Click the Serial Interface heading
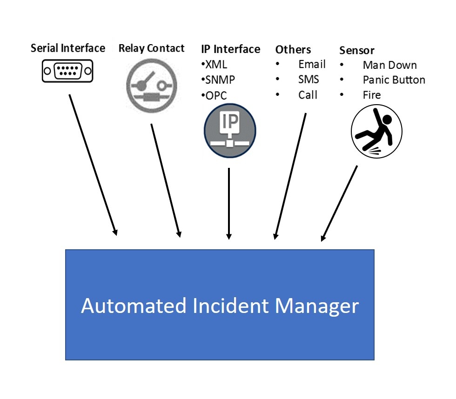pos(68,48)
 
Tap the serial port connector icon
pos(68,71)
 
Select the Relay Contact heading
pos(151,48)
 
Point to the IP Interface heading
pos(230,49)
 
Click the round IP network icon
pos(230,129)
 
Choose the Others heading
pos(293,50)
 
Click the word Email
pos(312,65)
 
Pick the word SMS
pos(308,80)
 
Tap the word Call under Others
pos(308,95)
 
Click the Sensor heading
pos(356,50)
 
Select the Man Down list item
pos(389,65)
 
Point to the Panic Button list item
pos(394,80)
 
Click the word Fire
pos(372,95)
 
